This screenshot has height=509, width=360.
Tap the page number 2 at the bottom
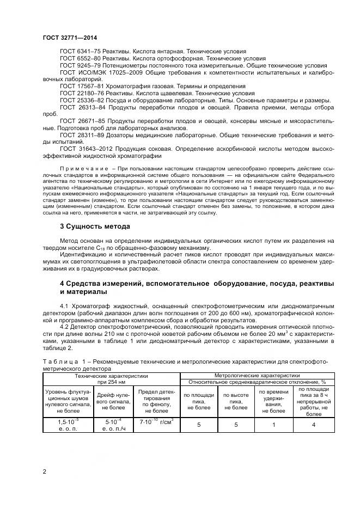click(x=44, y=471)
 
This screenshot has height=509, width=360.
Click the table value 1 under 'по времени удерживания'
click(x=273, y=424)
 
